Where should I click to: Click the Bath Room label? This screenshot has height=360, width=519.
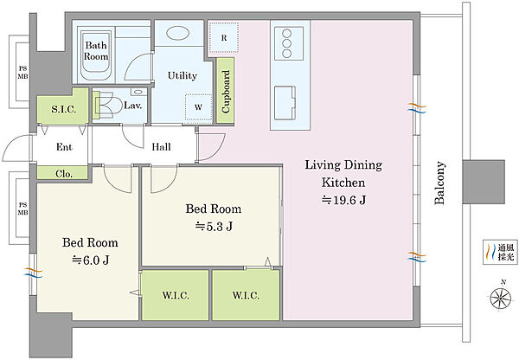click(96, 51)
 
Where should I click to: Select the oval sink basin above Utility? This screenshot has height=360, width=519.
click(177, 33)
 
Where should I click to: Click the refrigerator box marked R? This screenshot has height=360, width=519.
click(224, 38)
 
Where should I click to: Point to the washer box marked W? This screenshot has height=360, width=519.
click(199, 107)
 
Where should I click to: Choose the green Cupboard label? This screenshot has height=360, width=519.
click(226, 91)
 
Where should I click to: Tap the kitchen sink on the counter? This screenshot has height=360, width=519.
click(285, 103)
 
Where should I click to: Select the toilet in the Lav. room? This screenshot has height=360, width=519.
click(106, 106)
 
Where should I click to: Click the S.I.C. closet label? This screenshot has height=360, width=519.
click(63, 109)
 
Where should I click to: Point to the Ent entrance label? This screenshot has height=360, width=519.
click(64, 147)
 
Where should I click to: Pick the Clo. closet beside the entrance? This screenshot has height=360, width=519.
click(63, 173)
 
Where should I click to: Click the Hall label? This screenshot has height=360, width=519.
click(161, 147)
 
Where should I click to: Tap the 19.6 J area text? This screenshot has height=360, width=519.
click(343, 200)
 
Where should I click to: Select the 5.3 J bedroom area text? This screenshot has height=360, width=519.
click(214, 226)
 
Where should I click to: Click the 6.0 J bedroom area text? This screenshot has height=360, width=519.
click(90, 260)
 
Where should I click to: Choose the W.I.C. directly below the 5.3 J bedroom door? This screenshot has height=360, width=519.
click(176, 295)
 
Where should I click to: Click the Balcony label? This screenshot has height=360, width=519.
click(439, 183)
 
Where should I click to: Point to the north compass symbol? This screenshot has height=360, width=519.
click(501, 298)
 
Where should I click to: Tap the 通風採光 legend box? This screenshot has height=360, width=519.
click(500, 252)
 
